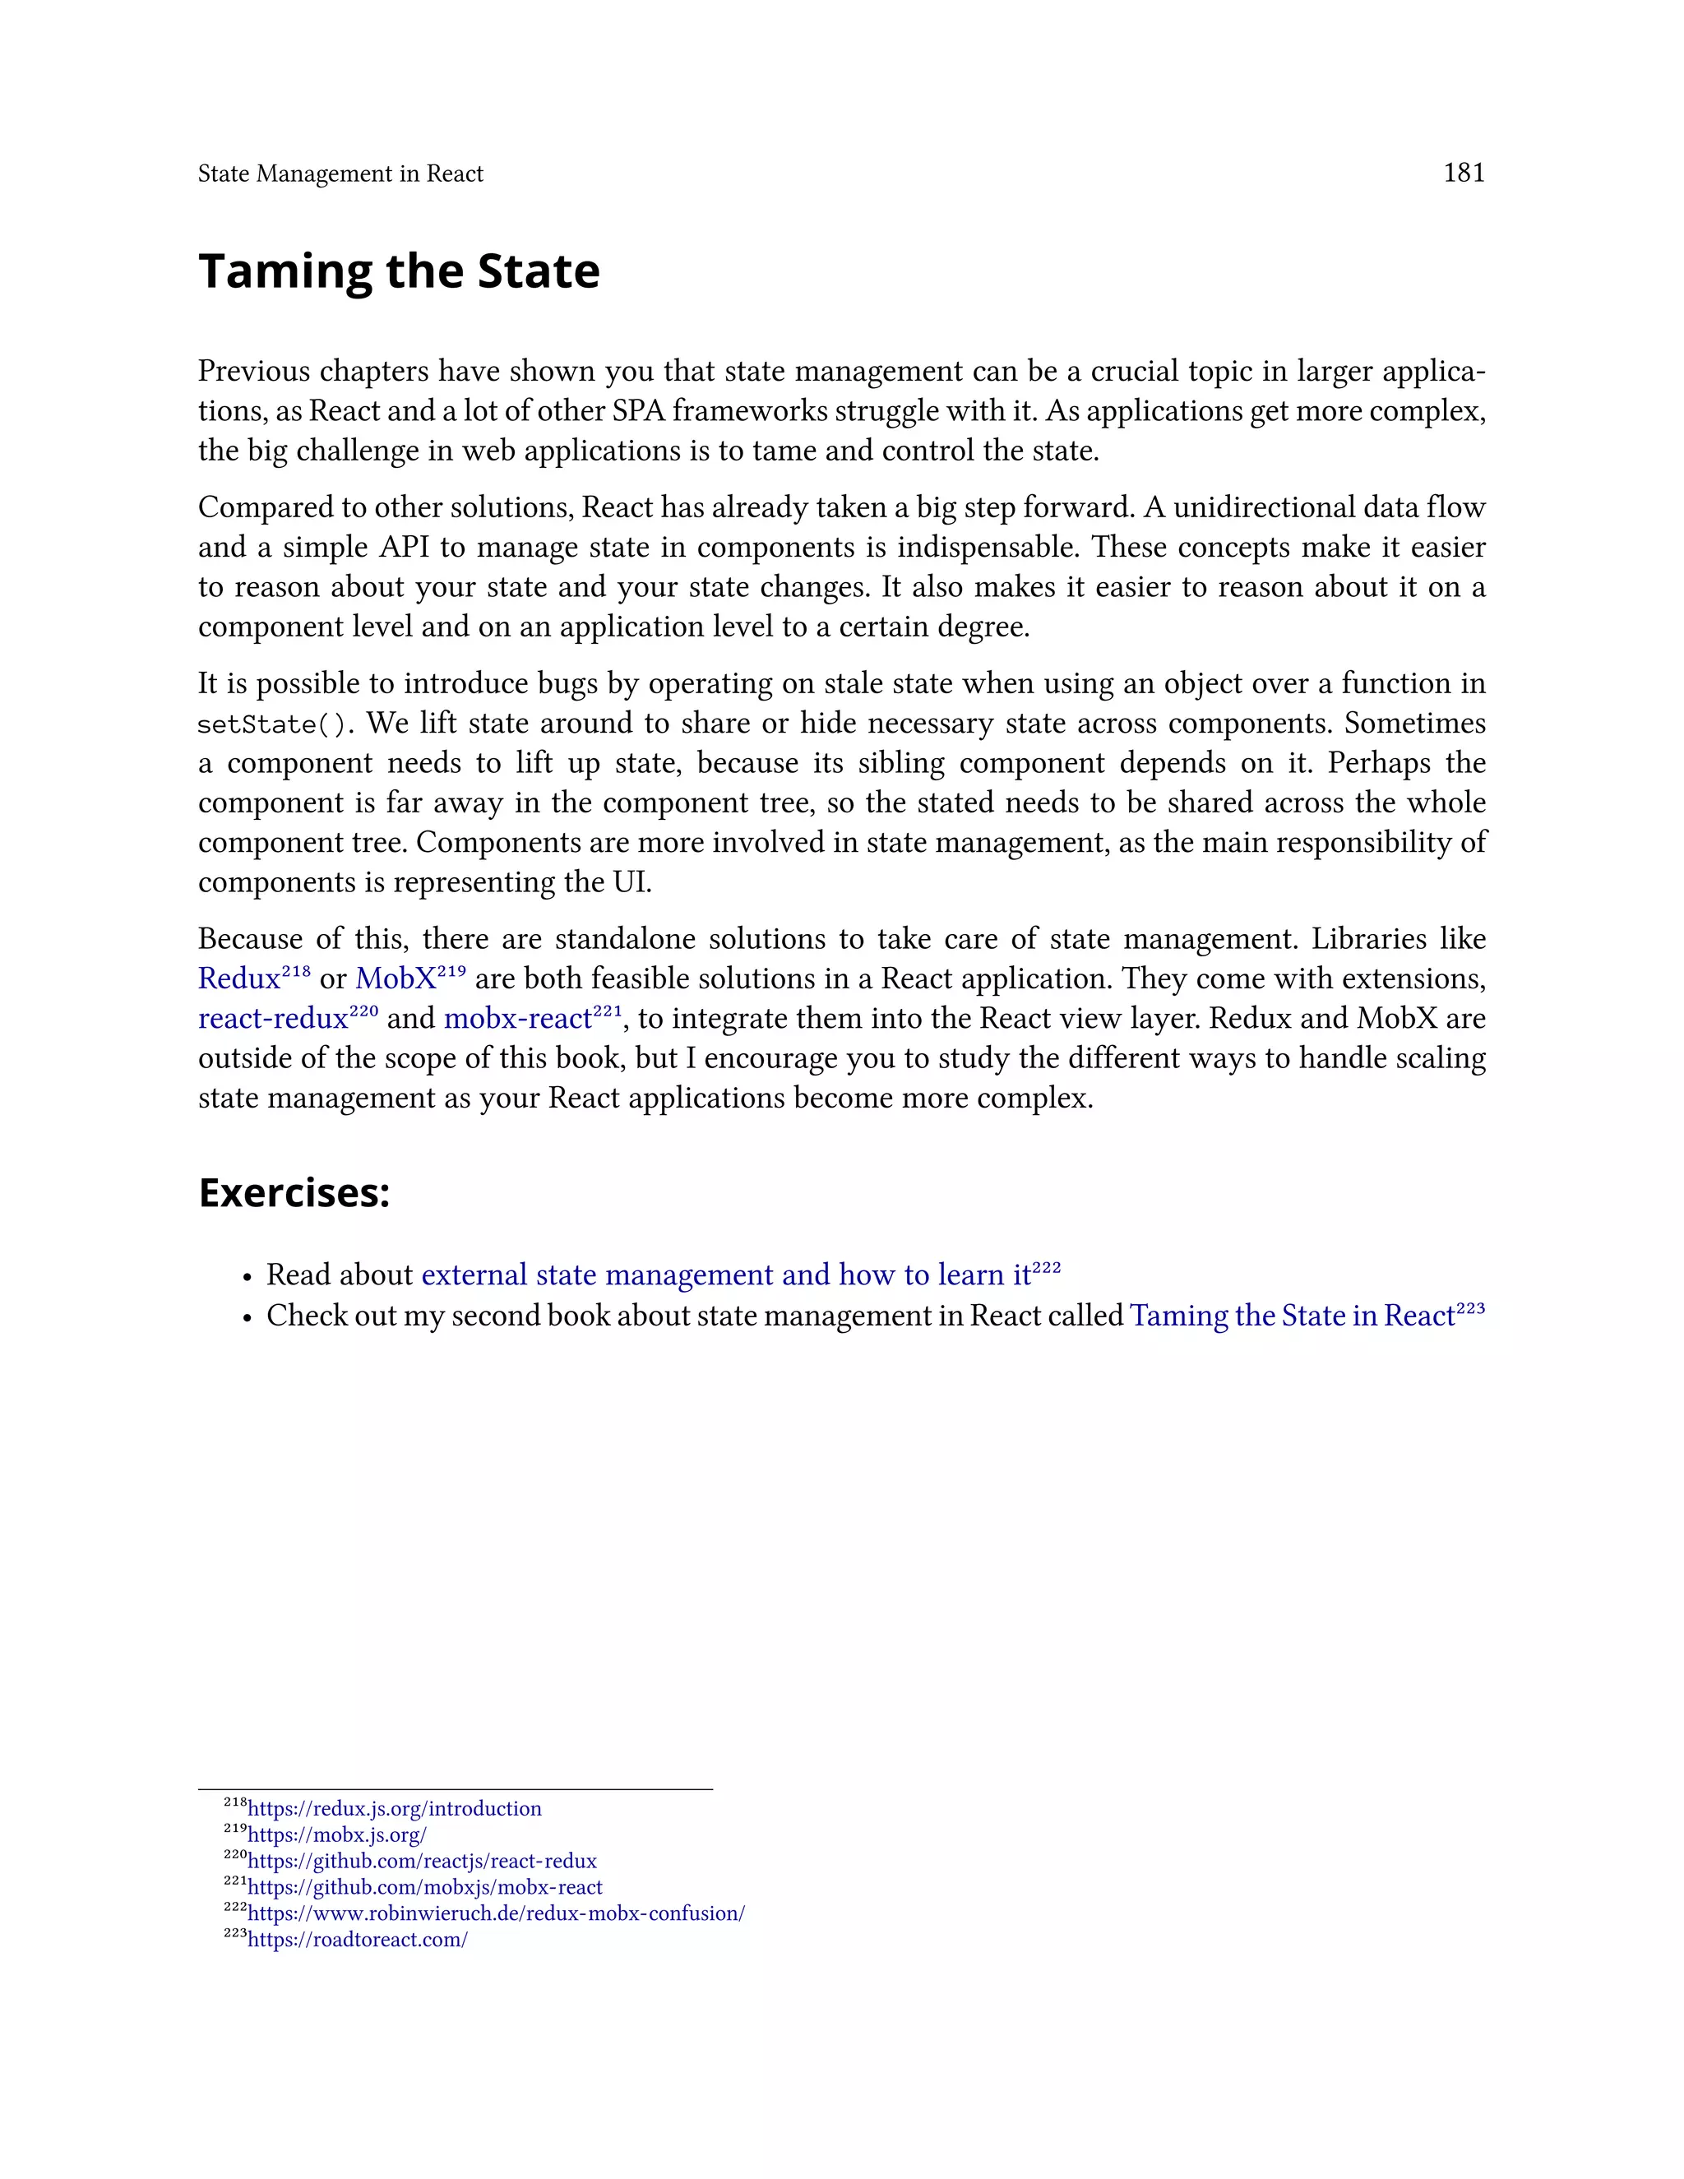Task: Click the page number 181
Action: pos(1464,173)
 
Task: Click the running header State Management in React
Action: pos(340,173)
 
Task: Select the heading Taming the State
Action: pos(399,271)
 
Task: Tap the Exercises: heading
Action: pos(294,1192)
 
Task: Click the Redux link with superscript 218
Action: pos(239,978)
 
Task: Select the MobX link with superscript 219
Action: pos(396,978)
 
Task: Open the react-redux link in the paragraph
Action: pos(273,1019)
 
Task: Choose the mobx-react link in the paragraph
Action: pos(518,1019)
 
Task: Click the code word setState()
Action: pos(271,724)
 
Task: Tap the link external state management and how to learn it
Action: pos(725,1275)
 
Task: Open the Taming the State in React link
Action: pos(1292,1316)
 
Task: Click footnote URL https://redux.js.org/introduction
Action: pos(394,1809)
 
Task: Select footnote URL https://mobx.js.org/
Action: pos(337,1834)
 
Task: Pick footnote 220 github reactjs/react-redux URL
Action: pos(422,1861)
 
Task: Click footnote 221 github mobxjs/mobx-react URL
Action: pos(425,1886)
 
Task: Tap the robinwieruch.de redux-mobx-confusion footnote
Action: pos(496,1913)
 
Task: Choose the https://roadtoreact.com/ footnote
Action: pos(357,1940)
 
